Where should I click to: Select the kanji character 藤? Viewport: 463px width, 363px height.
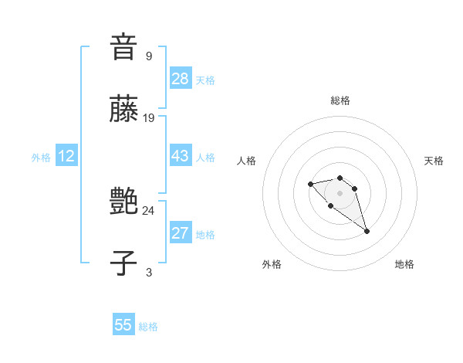click(x=123, y=110)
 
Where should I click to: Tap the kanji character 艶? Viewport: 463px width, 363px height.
click(x=123, y=202)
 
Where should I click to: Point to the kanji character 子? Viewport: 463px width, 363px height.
click(x=123, y=264)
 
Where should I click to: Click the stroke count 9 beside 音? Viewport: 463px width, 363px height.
click(x=148, y=56)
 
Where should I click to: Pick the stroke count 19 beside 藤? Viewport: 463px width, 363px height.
click(x=149, y=118)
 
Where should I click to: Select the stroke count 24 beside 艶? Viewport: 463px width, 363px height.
click(x=149, y=210)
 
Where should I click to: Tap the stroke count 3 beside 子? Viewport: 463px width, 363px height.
click(x=148, y=272)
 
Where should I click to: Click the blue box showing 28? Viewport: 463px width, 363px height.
click(x=180, y=78)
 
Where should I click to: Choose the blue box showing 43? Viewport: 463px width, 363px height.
click(x=180, y=156)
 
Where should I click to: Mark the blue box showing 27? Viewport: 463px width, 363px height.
click(x=180, y=233)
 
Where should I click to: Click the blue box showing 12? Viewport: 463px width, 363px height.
click(x=66, y=156)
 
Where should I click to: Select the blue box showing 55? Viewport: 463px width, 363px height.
click(x=123, y=325)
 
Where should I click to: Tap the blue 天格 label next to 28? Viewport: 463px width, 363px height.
click(x=205, y=80)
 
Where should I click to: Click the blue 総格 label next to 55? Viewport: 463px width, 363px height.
click(x=148, y=327)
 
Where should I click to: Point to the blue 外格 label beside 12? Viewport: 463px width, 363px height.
click(x=41, y=158)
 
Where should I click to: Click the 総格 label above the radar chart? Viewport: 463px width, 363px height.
click(x=340, y=100)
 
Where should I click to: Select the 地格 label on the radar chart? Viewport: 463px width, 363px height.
click(x=404, y=264)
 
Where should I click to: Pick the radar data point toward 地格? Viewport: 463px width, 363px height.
click(x=367, y=231)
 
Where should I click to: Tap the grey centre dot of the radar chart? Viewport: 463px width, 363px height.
click(x=340, y=192)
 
